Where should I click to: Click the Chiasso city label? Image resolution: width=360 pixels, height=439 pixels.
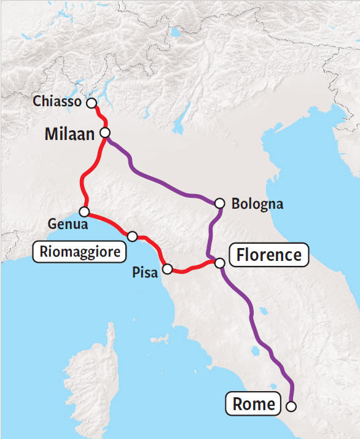[57, 102]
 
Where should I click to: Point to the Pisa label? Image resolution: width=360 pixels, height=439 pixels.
[145, 272]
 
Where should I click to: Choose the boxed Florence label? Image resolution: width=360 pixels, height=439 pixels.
[269, 255]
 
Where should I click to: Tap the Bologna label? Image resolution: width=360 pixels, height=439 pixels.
[257, 204]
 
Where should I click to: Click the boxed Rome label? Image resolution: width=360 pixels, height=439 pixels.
[254, 405]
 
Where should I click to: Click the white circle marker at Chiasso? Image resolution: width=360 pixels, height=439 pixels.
[92, 103]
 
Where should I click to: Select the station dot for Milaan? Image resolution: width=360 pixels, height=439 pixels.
[105, 133]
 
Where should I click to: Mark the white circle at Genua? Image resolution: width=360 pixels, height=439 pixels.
[84, 212]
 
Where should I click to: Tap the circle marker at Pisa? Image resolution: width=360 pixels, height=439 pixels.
[166, 268]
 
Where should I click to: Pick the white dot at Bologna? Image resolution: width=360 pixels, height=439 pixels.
[220, 203]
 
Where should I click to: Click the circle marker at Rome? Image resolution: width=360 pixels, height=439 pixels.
[291, 406]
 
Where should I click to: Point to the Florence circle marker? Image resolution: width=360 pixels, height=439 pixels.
[219, 263]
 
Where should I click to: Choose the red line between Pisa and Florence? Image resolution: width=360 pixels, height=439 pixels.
[194, 268]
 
